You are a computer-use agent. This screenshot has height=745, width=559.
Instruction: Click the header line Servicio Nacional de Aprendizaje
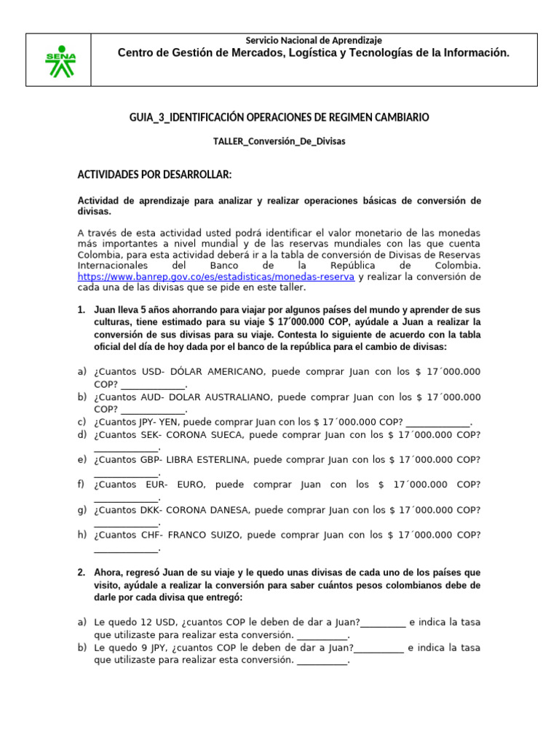(314, 41)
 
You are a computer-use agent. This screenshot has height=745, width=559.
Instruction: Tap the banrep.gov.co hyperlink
(216, 277)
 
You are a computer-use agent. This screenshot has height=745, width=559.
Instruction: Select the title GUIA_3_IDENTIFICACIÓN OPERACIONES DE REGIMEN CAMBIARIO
(279, 117)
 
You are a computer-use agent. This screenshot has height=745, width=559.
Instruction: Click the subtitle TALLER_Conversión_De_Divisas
(279, 142)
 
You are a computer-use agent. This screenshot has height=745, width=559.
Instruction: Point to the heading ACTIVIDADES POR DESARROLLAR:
(154, 175)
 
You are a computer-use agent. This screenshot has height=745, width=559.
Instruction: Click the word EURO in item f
(191, 485)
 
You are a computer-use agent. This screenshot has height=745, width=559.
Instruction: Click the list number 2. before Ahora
(82, 573)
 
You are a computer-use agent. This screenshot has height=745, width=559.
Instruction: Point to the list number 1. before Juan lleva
(82, 310)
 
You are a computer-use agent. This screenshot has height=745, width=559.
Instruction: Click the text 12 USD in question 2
(154, 622)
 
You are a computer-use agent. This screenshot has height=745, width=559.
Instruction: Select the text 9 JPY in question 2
(150, 648)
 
